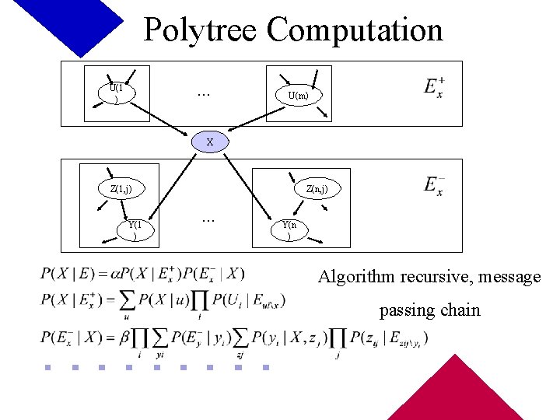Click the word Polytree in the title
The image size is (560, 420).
(x=201, y=31)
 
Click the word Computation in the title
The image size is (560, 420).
(x=355, y=31)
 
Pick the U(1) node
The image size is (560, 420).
(x=117, y=93)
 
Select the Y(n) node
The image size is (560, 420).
(x=289, y=229)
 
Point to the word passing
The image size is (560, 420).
(x=407, y=310)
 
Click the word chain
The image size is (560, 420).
(x=460, y=310)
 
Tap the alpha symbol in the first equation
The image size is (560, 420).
(x=124, y=274)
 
